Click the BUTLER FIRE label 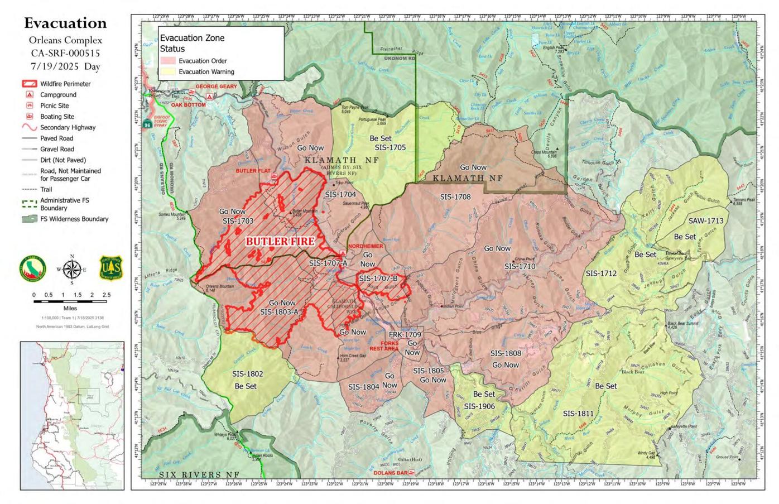[x=280, y=241]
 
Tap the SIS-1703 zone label [x=238, y=221]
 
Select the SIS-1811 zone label [x=578, y=414]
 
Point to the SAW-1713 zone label [x=705, y=221]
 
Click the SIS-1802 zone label [x=247, y=374]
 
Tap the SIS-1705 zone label [x=390, y=148]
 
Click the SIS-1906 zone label [x=479, y=406]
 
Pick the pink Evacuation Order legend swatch [x=168, y=61]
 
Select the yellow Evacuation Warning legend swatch [x=168, y=72]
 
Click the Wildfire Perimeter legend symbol [x=29, y=84]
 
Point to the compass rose [x=71, y=270]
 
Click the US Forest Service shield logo [x=110, y=268]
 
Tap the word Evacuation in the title [x=65, y=23]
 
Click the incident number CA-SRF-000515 [x=65, y=54]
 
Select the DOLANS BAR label [x=390, y=473]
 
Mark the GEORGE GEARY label [x=216, y=87]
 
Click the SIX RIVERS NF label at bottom [x=199, y=474]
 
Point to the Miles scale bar [x=70, y=301]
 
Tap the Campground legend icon [x=29, y=95]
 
